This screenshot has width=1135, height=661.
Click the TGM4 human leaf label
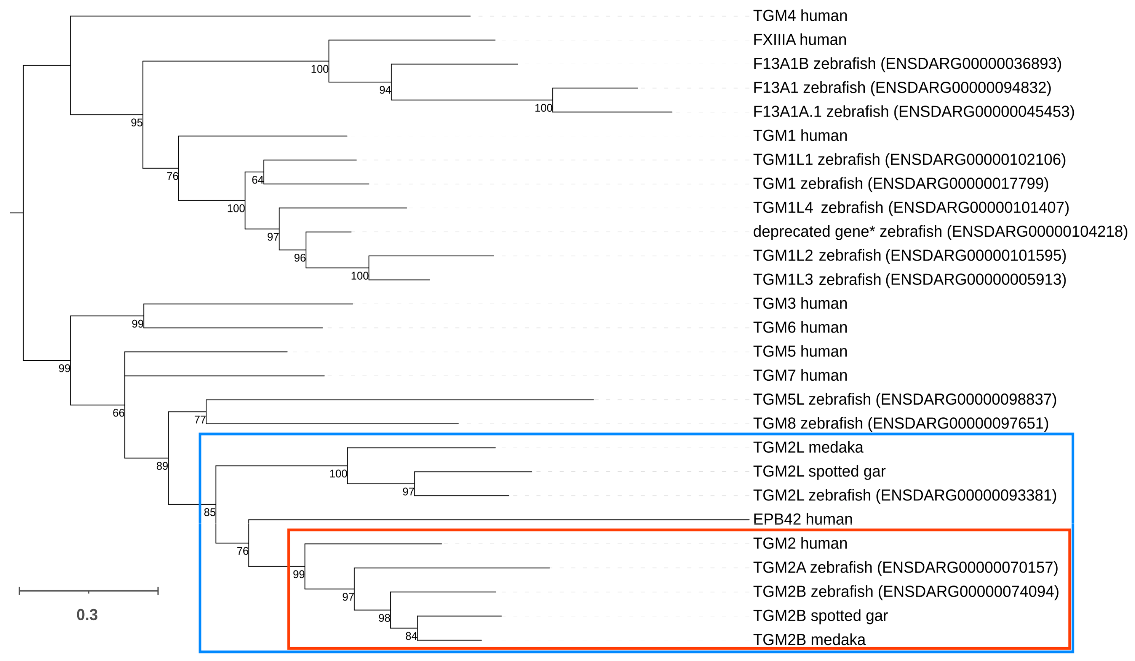800,16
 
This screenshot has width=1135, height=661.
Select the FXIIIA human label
799,40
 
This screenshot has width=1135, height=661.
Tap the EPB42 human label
803,519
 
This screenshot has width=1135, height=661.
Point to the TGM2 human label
800,543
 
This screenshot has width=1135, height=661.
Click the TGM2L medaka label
808,448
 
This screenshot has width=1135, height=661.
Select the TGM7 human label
800,375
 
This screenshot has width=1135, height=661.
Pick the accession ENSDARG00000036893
973,64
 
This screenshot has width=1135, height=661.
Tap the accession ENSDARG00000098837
968,400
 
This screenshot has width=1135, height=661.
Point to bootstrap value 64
257,180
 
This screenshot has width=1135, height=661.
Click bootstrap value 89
162,466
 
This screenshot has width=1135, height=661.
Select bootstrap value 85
209,512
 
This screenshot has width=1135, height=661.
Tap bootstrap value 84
411,636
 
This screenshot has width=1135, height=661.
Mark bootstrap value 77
200,420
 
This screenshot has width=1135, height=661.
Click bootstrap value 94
385,90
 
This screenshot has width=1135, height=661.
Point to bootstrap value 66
118,413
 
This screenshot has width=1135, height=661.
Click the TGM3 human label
800,304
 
